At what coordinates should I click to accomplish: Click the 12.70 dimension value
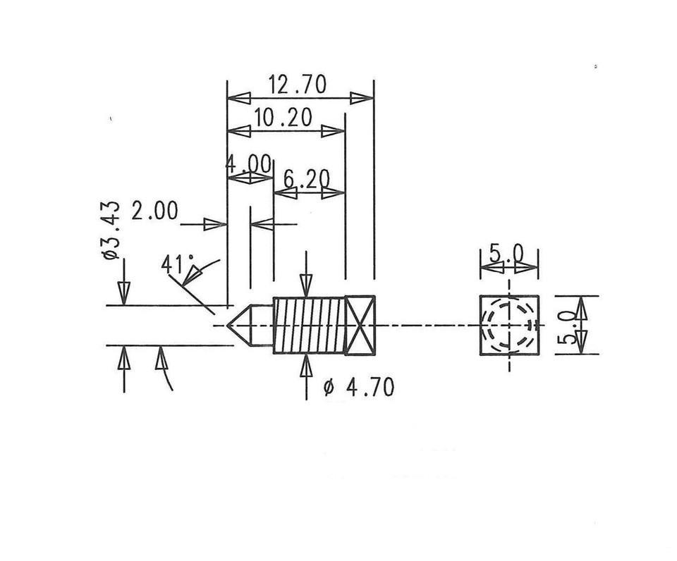coord(297,85)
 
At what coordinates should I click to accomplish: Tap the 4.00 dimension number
coord(248,165)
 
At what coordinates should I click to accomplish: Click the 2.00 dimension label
coord(154,211)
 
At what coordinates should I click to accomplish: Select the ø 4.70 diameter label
coord(358,388)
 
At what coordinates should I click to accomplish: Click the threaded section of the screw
coord(307,325)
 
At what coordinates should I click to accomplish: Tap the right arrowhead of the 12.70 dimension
coord(362,98)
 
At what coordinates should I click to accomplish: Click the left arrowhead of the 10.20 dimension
coord(238,131)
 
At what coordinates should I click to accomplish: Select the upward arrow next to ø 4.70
coord(306,366)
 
